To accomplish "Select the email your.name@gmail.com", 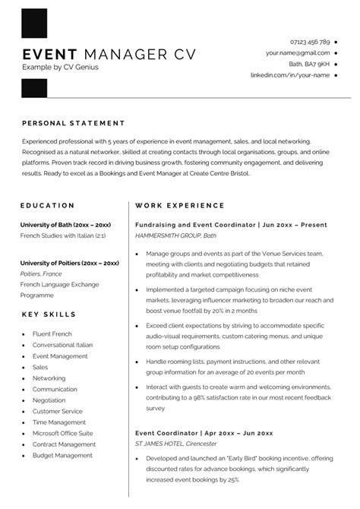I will click(298, 53).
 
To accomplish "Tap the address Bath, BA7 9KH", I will click(309, 65).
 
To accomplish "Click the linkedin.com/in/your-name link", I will click(290, 75).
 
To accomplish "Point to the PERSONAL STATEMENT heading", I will click(74, 123).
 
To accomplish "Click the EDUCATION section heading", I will click(48, 205).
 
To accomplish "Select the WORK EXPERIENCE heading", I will click(180, 205).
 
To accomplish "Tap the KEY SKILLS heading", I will click(49, 314).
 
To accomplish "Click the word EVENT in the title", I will click(50, 55).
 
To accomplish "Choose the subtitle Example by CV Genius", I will click(61, 68).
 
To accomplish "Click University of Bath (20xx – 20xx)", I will click(66, 226).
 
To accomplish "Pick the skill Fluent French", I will click(52, 334).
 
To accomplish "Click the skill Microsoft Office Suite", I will click(62, 433).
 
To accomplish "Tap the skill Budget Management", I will click(62, 455).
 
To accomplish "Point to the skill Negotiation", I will click(49, 400).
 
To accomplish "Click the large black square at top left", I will click(35, 26).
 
